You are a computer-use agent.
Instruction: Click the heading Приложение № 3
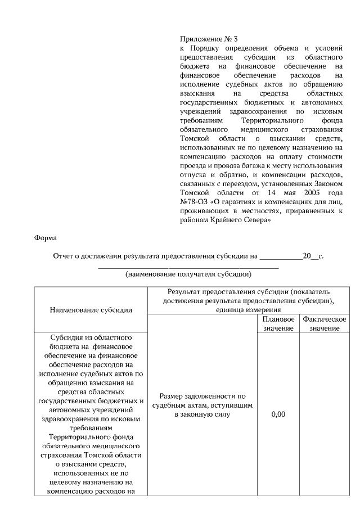coord(209,39)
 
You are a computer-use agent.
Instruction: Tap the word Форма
coord(46,237)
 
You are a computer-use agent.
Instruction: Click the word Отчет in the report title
coord(64,256)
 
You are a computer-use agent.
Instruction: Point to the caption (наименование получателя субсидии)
coord(188,274)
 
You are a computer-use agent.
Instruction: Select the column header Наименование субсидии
coord(91,309)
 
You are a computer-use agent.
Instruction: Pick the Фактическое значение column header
coord(324,323)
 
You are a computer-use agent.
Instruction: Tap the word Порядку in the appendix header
coord(202,48)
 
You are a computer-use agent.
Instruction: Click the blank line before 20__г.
coord(280,257)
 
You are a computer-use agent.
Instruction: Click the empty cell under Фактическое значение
coord(324,414)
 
